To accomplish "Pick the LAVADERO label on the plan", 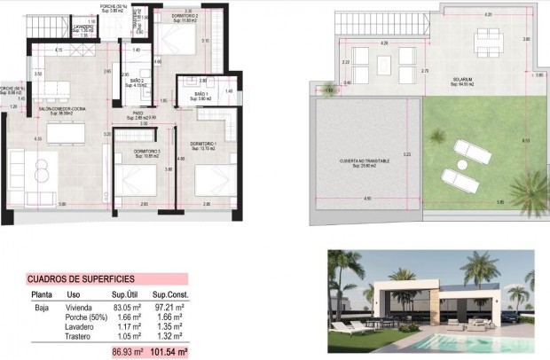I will pyautogui.click(x=84, y=27).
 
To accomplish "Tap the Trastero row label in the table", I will pyautogui.click(x=81, y=336).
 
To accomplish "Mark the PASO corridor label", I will pyautogui.click(x=138, y=113).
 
